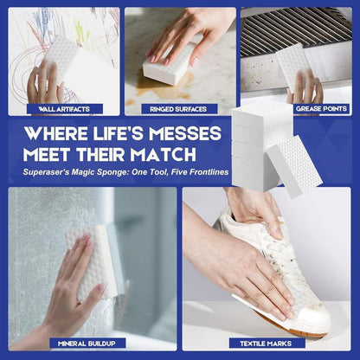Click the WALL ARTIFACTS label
point(64,109)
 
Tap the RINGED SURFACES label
point(178,109)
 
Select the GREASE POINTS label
point(321,109)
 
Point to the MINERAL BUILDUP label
point(87,344)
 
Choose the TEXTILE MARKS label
point(266,344)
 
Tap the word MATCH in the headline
point(163,155)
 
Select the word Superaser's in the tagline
point(46,172)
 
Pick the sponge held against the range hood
point(292,67)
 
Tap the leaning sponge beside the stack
point(293,166)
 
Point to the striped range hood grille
point(296,30)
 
